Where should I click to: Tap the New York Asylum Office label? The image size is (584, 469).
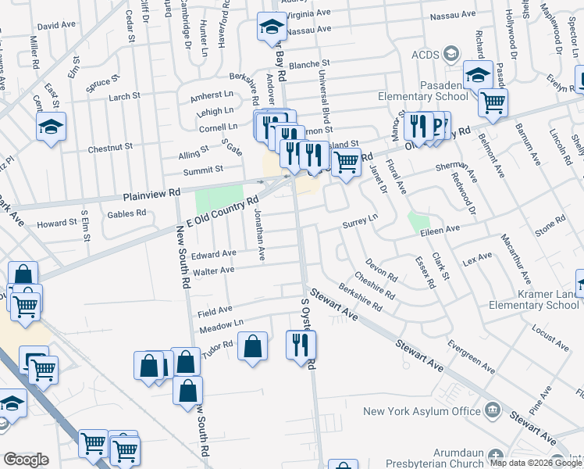[x=422, y=411]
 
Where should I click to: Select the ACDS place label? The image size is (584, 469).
[x=426, y=55]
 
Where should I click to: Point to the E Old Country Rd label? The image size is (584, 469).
[x=215, y=217]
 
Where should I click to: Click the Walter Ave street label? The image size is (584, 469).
[x=214, y=270]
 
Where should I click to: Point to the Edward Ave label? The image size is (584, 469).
[x=214, y=254]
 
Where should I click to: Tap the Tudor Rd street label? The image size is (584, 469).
[x=218, y=345]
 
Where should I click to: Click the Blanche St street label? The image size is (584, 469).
[x=310, y=64]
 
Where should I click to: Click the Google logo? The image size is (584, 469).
[x=27, y=460]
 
